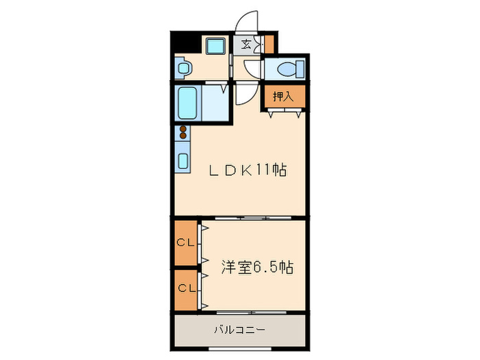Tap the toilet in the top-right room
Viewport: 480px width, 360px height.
(x=287, y=69)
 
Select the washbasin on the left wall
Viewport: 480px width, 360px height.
(x=183, y=68)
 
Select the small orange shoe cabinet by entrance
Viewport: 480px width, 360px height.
(x=269, y=43)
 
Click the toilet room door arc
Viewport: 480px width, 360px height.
(x=252, y=70)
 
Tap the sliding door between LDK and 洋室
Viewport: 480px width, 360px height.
(x=240, y=218)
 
